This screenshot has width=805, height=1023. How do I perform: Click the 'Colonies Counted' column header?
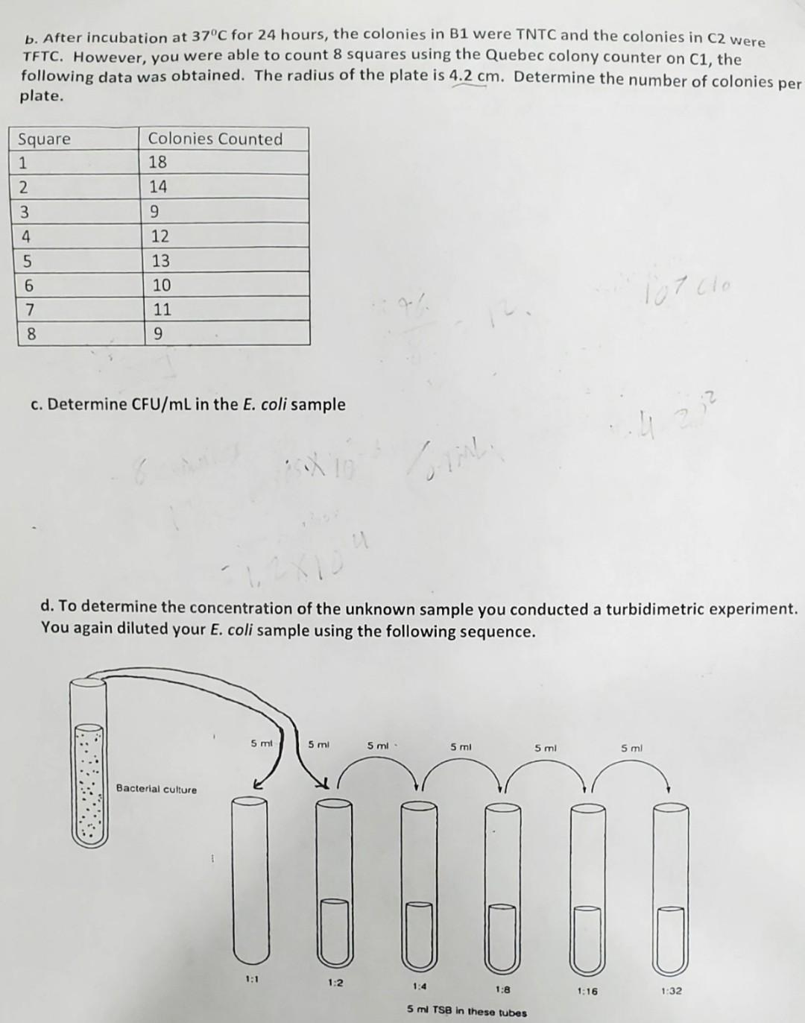coord(215,139)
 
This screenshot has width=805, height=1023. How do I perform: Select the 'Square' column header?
coord(44,139)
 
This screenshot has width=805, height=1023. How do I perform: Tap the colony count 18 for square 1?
coord(157,163)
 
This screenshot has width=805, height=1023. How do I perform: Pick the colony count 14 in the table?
coord(157,187)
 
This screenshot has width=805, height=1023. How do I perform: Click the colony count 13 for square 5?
coord(160,261)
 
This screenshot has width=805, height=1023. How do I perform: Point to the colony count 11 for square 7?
coord(161,309)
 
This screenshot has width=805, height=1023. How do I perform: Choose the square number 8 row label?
coord(31,334)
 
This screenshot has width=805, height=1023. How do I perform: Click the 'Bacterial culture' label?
coord(157,790)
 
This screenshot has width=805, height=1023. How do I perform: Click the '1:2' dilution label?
coord(335,982)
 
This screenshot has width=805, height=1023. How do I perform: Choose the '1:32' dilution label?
coord(671,991)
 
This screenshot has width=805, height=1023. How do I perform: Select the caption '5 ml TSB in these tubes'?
coord(467,1012)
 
